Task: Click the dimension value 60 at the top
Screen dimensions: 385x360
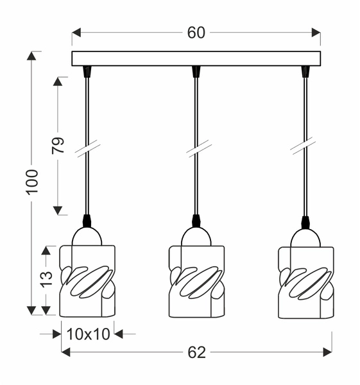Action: (196, 33)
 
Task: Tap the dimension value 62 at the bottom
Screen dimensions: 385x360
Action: (196, 351)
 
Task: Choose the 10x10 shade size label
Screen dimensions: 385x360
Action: (88, 333)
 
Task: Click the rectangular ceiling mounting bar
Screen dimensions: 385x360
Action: (196, 58)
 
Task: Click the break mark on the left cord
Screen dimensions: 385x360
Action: (87, 148)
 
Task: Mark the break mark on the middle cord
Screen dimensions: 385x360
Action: (196, 148)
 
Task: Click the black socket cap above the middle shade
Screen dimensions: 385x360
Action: (196, 221)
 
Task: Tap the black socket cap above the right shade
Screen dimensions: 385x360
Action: (305, 222)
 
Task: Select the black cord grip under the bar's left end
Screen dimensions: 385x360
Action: (87, 71)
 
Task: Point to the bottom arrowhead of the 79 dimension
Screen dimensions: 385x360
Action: (58, 210)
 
